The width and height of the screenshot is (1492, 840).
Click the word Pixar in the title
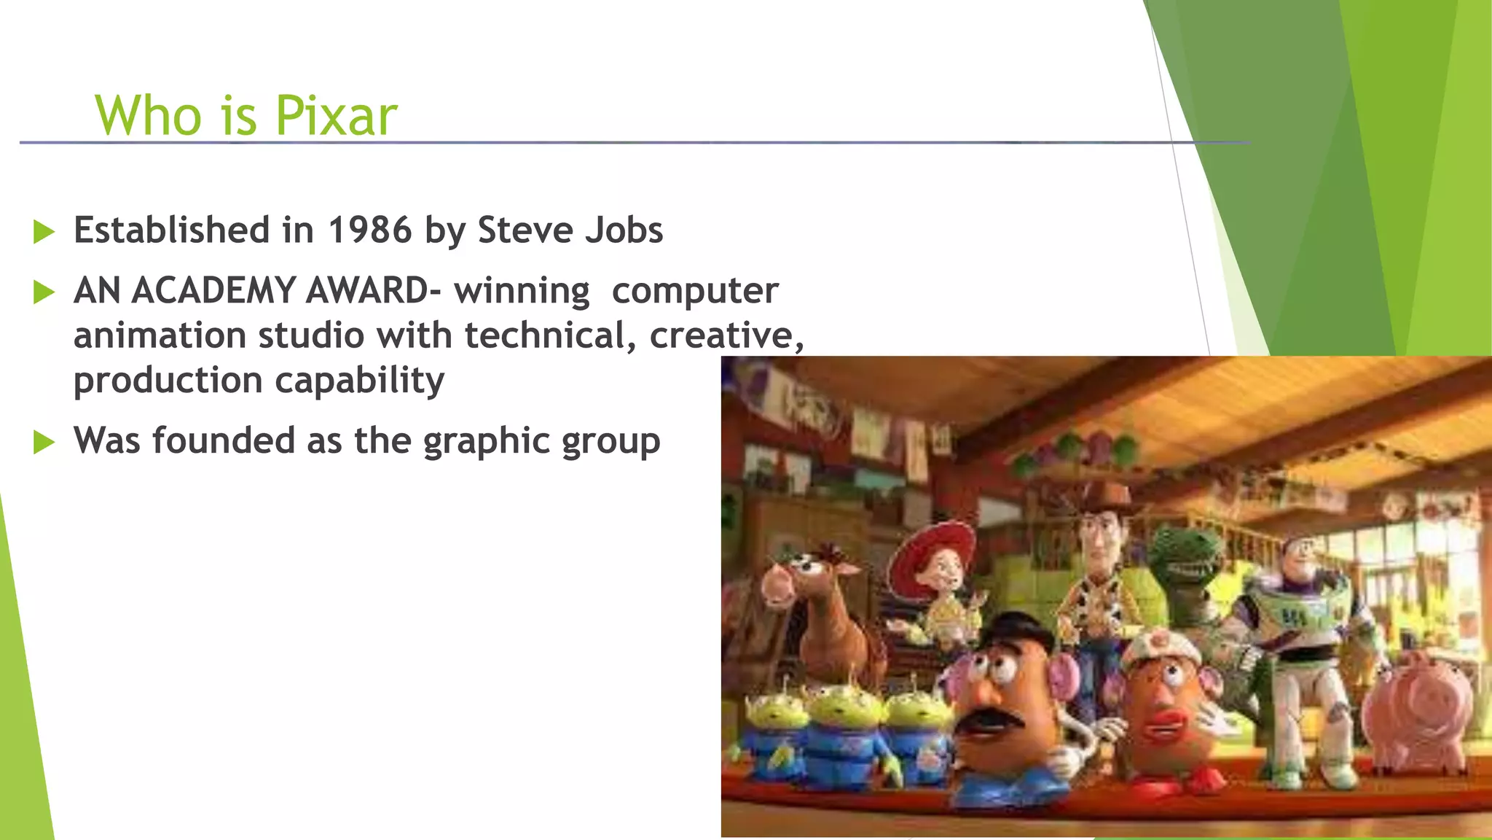tap(336, 116)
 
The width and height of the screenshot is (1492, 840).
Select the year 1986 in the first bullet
tap(370, 230)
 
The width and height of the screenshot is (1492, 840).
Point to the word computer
tap(695, 291)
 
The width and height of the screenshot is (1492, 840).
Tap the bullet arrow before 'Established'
tap(44, 233)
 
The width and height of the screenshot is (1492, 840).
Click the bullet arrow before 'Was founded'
tap(44, 442)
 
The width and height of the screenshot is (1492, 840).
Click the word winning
tap(522, 291)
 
